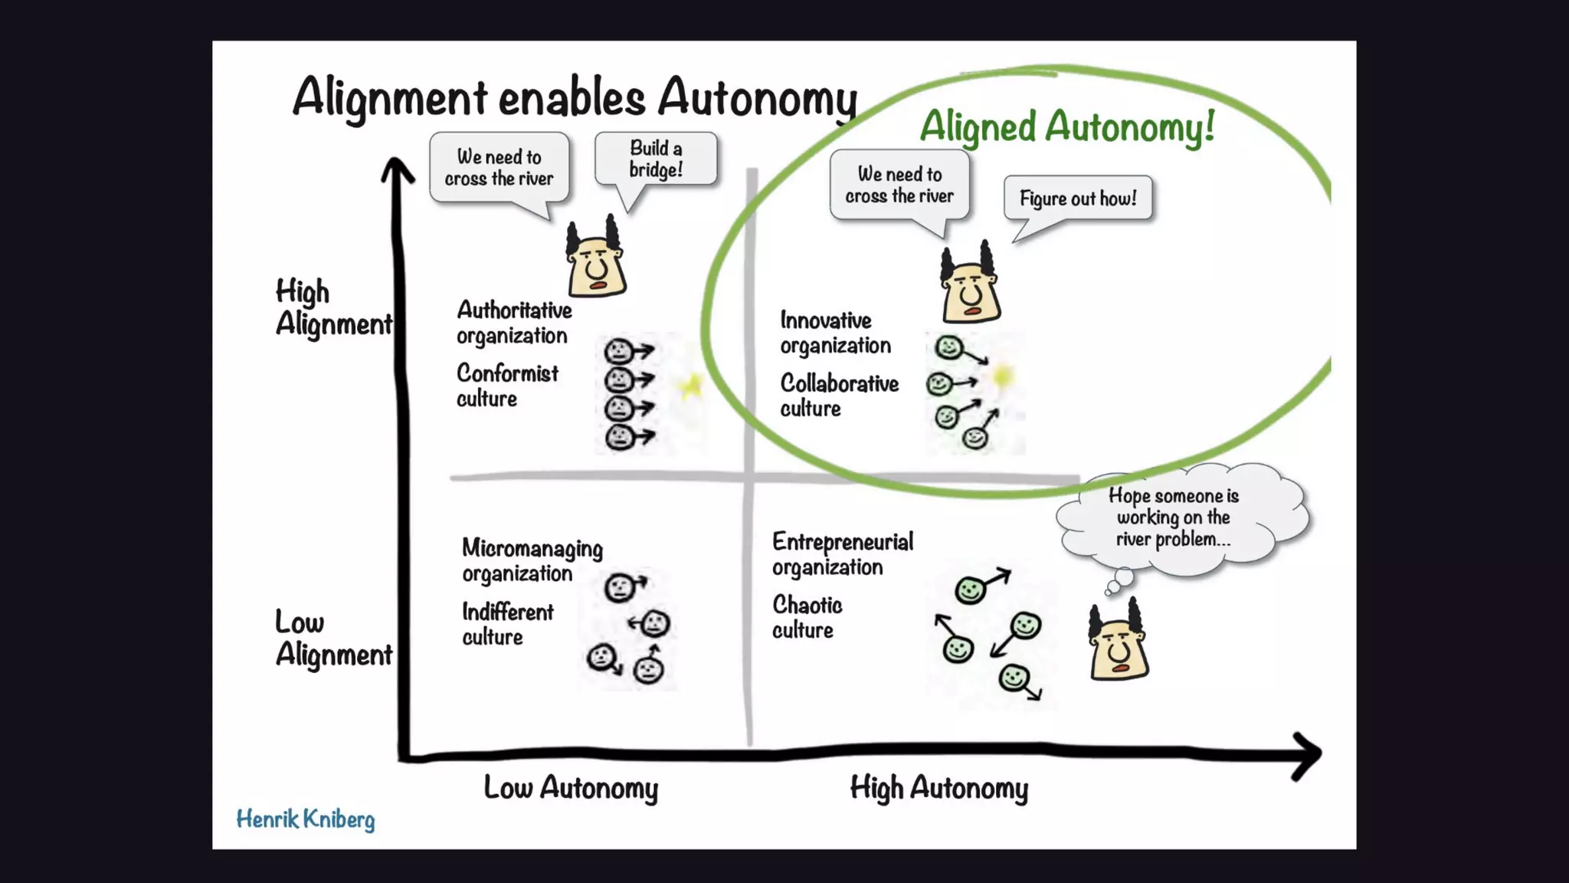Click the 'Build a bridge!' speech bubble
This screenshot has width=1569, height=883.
coord(656,159)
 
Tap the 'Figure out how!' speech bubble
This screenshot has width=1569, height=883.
coord(1078,199)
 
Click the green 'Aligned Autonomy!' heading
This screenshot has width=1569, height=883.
coord(1066,126)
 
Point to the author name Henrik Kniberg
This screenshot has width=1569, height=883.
coord(305,819)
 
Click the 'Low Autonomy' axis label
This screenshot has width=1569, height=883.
coord(571,788)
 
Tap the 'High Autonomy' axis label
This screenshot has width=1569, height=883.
coord(939,788)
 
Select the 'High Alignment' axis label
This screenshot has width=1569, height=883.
coord(332,307)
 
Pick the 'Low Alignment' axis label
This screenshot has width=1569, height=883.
coord(332,638)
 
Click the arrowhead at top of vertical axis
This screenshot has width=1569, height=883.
coord(397,169)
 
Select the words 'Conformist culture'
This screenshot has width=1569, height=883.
coord(507,386)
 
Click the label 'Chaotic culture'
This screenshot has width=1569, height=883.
coord(807,617)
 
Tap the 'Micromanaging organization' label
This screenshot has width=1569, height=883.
coord(532,560)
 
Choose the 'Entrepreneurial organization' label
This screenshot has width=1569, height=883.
coord(842,554)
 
